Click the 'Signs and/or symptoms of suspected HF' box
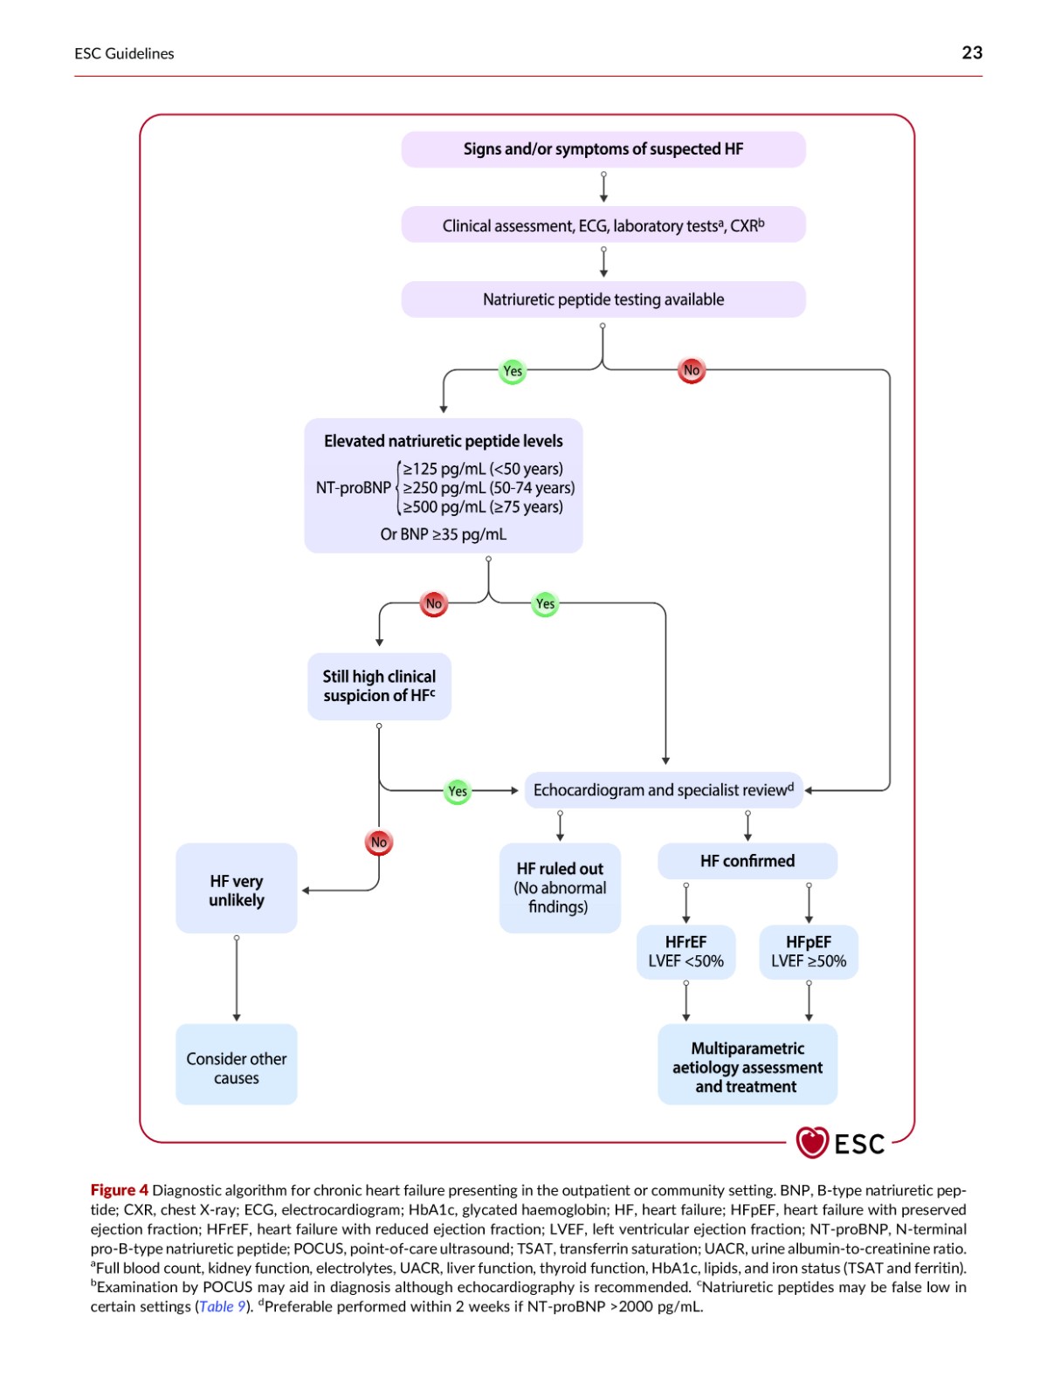603,149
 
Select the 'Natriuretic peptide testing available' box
603,299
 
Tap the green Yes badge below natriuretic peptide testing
513,370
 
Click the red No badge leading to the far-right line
692,370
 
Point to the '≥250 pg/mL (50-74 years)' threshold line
488,487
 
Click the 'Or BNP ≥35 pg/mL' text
443,534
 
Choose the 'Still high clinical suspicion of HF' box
379,686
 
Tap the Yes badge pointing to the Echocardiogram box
457,790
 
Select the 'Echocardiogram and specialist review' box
663,790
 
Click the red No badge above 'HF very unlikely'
379,842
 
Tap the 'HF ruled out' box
560,888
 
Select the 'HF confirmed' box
747,861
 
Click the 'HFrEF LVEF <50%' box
685,952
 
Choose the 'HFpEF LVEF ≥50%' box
809,952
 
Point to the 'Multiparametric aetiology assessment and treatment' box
747,1067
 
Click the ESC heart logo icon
811,1142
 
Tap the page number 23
972,53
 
